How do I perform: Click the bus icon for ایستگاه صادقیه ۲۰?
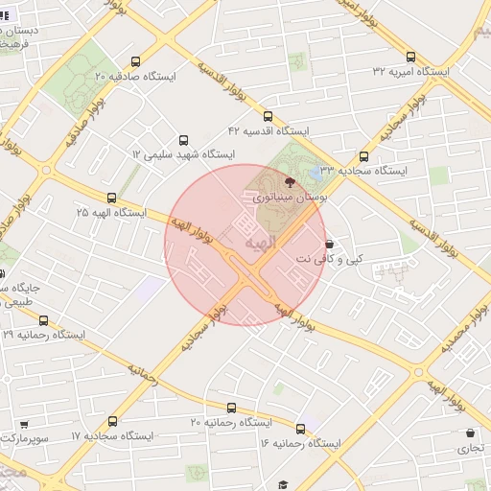(134, 58)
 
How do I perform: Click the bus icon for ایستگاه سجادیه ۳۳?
(363, 156)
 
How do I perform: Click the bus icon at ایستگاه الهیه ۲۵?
(111, 196)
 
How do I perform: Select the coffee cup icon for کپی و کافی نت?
(330, 244)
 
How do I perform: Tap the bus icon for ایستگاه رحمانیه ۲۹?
(43, 320)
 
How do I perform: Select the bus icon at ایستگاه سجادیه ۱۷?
(113, 421)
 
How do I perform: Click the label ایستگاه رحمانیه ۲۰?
(230, 423)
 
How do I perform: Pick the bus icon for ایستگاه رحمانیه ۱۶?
(301, 429)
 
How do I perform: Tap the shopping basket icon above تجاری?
(470, 433)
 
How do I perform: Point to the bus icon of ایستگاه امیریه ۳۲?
(411, 57)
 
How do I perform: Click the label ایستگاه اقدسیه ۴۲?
(269, 129)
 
